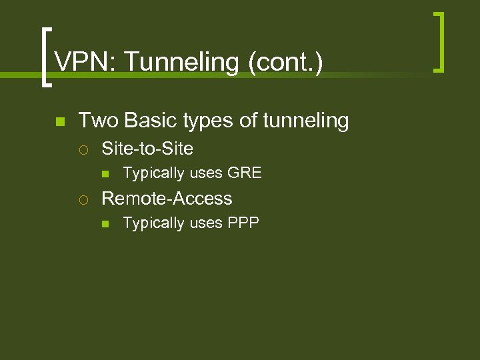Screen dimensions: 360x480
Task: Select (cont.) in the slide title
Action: tap(285, 63)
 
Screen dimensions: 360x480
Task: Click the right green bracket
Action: tap(439, 41)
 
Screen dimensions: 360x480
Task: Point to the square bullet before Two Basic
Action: tap(59, 122)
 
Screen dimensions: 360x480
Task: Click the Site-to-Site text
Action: tap(147, 148)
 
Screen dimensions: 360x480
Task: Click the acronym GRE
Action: tap(245, 173)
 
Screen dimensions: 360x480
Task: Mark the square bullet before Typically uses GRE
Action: tap(105, 174)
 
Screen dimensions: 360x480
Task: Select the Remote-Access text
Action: tap(167, 199)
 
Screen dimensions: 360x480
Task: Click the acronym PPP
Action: tap(243, 223)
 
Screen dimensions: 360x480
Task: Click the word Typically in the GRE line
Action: tap(153, 174)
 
